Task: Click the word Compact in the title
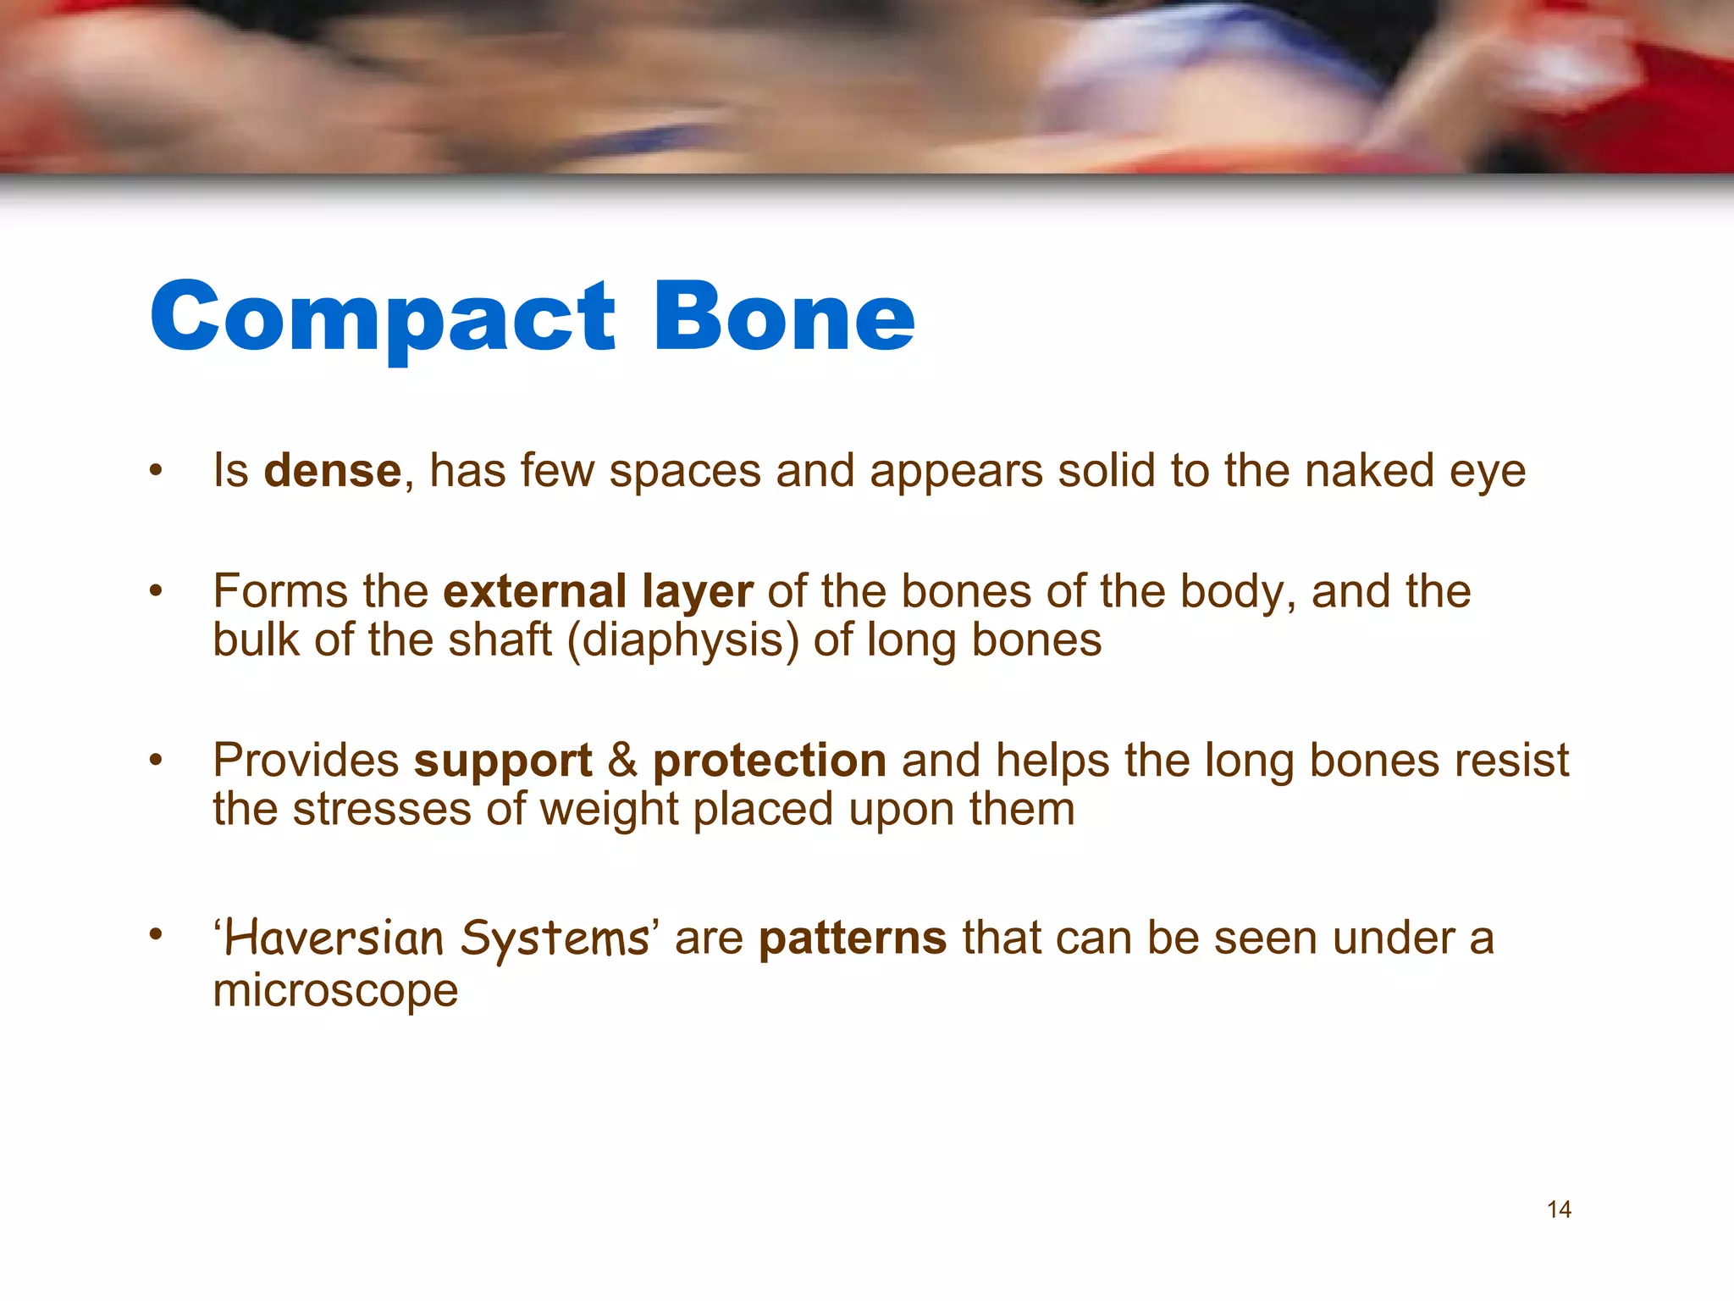[383, 318]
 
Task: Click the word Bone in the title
[784, 317]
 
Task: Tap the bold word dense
[332, 471]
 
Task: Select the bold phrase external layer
[598, 591]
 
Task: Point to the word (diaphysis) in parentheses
[682, 640]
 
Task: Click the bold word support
[503, 761]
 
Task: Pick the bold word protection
[769, 761]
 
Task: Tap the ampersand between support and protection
[622, 761]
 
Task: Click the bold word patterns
[852, 938]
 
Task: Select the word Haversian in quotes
[334, 938]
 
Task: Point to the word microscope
[335, 990]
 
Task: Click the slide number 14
[1559, 1210]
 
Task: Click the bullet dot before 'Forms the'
[155, 590]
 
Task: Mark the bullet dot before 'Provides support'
[155, 760]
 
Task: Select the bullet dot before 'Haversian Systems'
[155, 935]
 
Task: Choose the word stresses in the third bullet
[382, 810]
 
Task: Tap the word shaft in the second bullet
[500, 640]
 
